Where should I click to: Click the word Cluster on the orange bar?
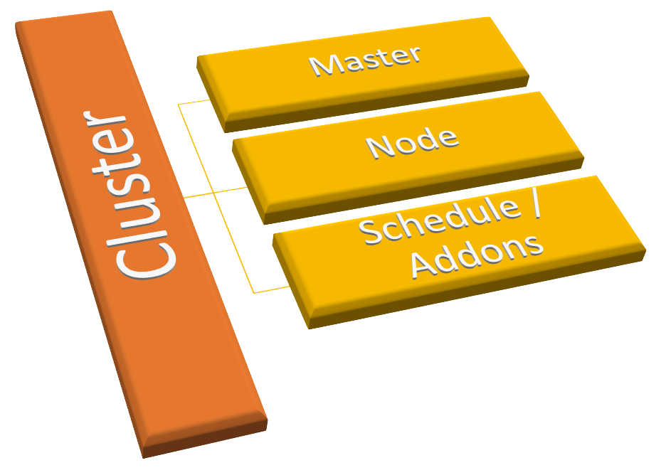click(x=143, y=195)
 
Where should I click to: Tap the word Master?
click(x=365, y=59)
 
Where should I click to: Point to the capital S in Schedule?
click(x=371, y=232)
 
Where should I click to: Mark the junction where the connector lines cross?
click(x=215, y=193)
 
